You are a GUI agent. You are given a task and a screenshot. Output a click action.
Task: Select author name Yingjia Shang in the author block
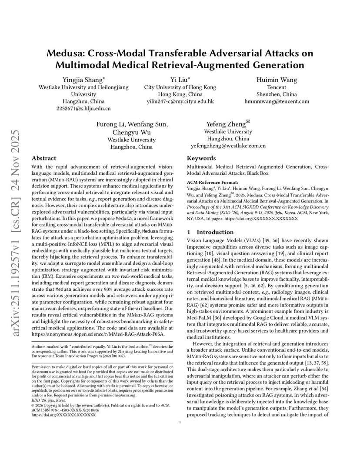83,80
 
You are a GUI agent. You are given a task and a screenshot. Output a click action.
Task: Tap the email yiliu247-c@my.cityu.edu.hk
180,101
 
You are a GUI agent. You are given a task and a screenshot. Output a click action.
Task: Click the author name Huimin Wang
277,80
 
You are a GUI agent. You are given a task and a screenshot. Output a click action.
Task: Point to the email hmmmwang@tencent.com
277,101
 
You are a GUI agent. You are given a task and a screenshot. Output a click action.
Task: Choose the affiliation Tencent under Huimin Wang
277,87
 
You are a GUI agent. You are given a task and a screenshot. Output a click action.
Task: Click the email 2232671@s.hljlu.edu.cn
83,109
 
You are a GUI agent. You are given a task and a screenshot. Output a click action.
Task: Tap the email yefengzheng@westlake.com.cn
228,146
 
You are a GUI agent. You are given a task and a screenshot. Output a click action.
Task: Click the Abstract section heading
44,159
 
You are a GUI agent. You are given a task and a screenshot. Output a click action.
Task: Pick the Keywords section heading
201,159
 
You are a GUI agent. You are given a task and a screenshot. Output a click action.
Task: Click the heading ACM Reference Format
212,182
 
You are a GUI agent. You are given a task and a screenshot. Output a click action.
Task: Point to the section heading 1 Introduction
210,232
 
